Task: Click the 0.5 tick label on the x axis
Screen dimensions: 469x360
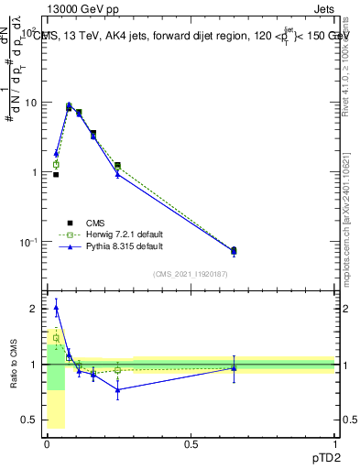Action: pyautogui.click(x=191, y=444)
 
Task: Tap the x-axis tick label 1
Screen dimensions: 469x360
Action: pyautogui.click(x=335, y=444)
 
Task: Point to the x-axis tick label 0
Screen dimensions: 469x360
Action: pyautogui.click(x=47, y=444)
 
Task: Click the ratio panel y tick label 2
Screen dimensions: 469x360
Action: pyautogui.click(x=34, y=310)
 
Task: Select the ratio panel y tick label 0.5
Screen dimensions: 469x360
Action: pyautogui.click(x=29, y=420)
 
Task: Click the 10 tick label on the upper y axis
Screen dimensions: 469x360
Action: pyautogui.click(x=30, y=103)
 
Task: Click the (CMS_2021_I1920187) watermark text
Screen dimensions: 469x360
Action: pyautogui.click(x=190, y=274)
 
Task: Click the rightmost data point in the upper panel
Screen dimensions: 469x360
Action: pyautogui.click(x=234, y=250)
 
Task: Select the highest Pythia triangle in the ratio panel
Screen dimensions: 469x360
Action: pyautogui.click(x=56, y=308)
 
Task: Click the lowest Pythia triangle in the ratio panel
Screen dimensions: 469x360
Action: pyautogui.click(x=117, y=389)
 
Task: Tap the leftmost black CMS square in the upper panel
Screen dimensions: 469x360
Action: pyautogui.click(x=56, y=174)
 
